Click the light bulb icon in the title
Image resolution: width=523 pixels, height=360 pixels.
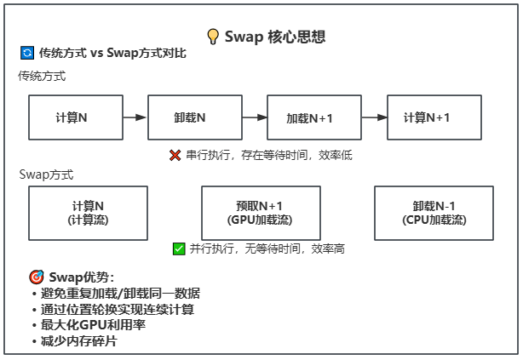(213, 37)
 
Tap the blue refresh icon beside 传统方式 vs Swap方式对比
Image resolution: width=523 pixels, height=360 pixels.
(27, 53)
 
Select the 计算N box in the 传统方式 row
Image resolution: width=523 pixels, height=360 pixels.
(76, 117)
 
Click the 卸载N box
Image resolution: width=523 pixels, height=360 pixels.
(195, 117)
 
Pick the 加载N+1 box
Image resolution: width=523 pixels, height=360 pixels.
(314, 117)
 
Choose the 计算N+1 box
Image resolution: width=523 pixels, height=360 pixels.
(434, 117)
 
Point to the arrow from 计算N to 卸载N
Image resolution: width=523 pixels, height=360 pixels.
(135, 117)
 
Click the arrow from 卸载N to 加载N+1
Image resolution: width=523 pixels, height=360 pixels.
(255, 117)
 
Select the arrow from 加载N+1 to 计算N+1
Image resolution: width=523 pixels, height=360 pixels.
(374, 117)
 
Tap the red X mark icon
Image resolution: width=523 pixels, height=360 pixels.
(175, 155)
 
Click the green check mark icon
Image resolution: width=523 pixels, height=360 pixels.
(179, 249)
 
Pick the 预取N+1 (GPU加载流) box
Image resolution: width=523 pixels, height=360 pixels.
(261, 213)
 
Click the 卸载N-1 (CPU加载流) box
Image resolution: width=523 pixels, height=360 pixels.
(434, 213)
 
